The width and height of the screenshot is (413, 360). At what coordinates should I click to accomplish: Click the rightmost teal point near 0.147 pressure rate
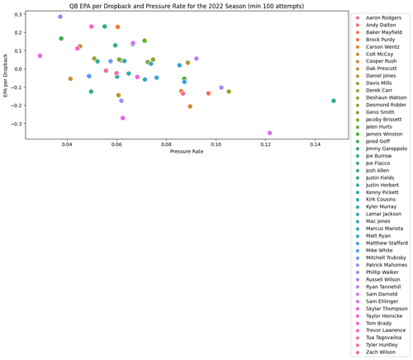tap(334, 101)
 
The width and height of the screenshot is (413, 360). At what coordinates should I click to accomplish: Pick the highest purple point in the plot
tap(60, 17)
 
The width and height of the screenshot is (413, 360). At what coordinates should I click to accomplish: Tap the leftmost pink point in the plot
tap(40, 56)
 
